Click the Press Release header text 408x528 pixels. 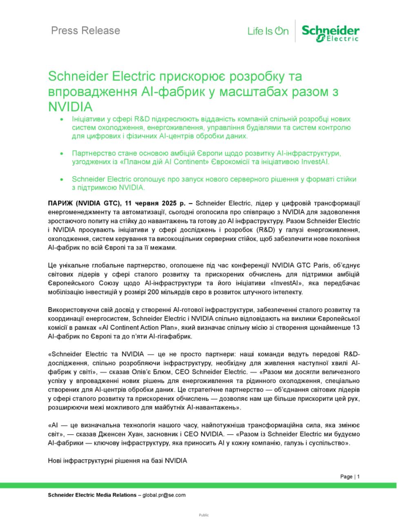(x=85, y=31)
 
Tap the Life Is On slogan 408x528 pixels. (x=268, y=31)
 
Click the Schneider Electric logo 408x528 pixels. (x=330, y=33)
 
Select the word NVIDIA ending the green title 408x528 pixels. (x=71, y=107)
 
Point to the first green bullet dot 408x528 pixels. (x=62, y=119)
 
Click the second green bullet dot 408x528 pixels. (x=62, y=153)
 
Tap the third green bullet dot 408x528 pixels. (x=62, y=179)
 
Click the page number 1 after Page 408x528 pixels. (x=359, y=477)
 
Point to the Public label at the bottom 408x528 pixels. (x=204, y=515)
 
